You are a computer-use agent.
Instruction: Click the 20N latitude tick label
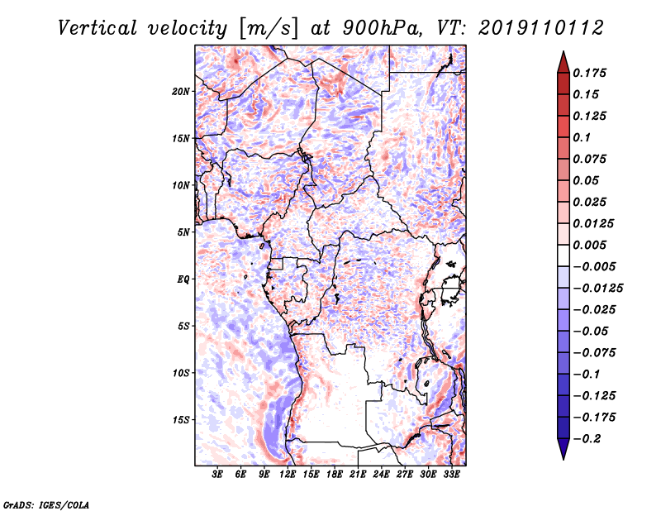point(182,91)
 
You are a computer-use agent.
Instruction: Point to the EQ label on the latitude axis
point(183,279)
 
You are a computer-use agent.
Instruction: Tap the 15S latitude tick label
point(182,420)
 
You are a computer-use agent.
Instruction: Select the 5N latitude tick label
point(184,232)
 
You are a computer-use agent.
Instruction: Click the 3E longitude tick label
point(218,475)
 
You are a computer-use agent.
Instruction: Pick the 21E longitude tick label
point(358,475)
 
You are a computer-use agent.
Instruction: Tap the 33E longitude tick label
point(451,475)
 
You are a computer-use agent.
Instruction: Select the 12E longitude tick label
point(288,475)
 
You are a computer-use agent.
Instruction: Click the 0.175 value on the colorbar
point(591,73)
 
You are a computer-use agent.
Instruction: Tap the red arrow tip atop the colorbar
point(563,60)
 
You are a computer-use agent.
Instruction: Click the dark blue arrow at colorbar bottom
point(563,450)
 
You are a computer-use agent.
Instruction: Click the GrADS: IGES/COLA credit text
point(45,503)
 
